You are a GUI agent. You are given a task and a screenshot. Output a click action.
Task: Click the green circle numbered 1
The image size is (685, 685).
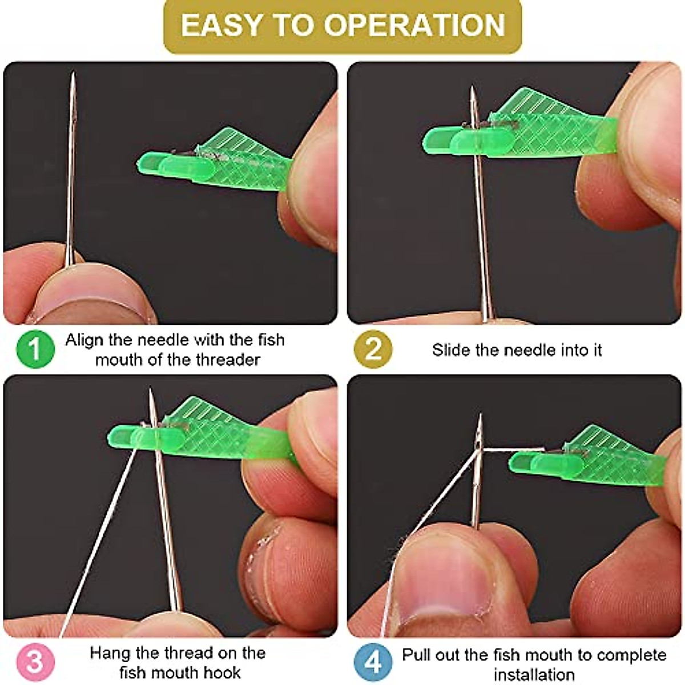point(35,349)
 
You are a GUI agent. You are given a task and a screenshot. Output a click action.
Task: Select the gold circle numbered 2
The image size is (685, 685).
point(373,349)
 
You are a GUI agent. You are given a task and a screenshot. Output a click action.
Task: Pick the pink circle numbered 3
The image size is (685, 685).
point(35,662)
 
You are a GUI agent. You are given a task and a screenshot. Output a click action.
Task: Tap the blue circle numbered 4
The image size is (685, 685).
point(373,662)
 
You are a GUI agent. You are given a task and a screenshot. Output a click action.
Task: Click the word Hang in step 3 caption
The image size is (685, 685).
point(110,653)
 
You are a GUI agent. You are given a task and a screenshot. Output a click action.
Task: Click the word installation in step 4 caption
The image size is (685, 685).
point(534,674)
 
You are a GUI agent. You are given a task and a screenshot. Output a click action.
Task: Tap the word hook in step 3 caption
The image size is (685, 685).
point(221,672)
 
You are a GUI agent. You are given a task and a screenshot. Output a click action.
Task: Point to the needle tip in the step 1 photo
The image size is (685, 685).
point(73,74)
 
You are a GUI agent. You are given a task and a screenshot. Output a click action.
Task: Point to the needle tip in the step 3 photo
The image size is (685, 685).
point(151,390)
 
